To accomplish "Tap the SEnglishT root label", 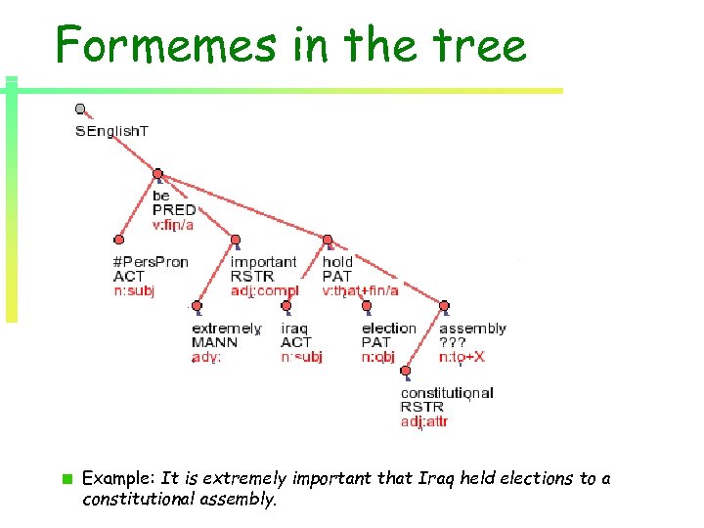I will pyautogui.click(x=111, y=131).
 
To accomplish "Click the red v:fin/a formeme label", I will pyautogui.click(x=173, y=224).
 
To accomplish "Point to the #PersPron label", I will pyautogui.click(x=151, y=262).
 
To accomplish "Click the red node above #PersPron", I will pyautogui.click(x=119, y=240).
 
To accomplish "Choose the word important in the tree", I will pyautogui.click(x=263, y=262).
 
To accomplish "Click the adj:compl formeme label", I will pyautogui.click(x=264, y=290).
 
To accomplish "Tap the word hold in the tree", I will pyautogui.click(x=337, y=262).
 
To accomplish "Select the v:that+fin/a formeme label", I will pyautogui.click(x=360, y=290).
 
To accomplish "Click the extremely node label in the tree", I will pyautogui.click(x=226, y=329).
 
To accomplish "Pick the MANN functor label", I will pyautogui.click(x=214, y=342).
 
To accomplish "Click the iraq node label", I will pyautogui.click(x=294, y=329).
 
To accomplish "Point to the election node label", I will pyautogui.click(x=388, y=329).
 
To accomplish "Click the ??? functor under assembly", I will pyautogui.click(x=452, y=342).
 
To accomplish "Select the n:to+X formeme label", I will pyautogui.click(x=462, y=357).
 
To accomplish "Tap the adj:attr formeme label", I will pyautogui.click(x=424, y=421).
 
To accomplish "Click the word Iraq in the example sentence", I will pyautogui.click(x=401, y=478).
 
